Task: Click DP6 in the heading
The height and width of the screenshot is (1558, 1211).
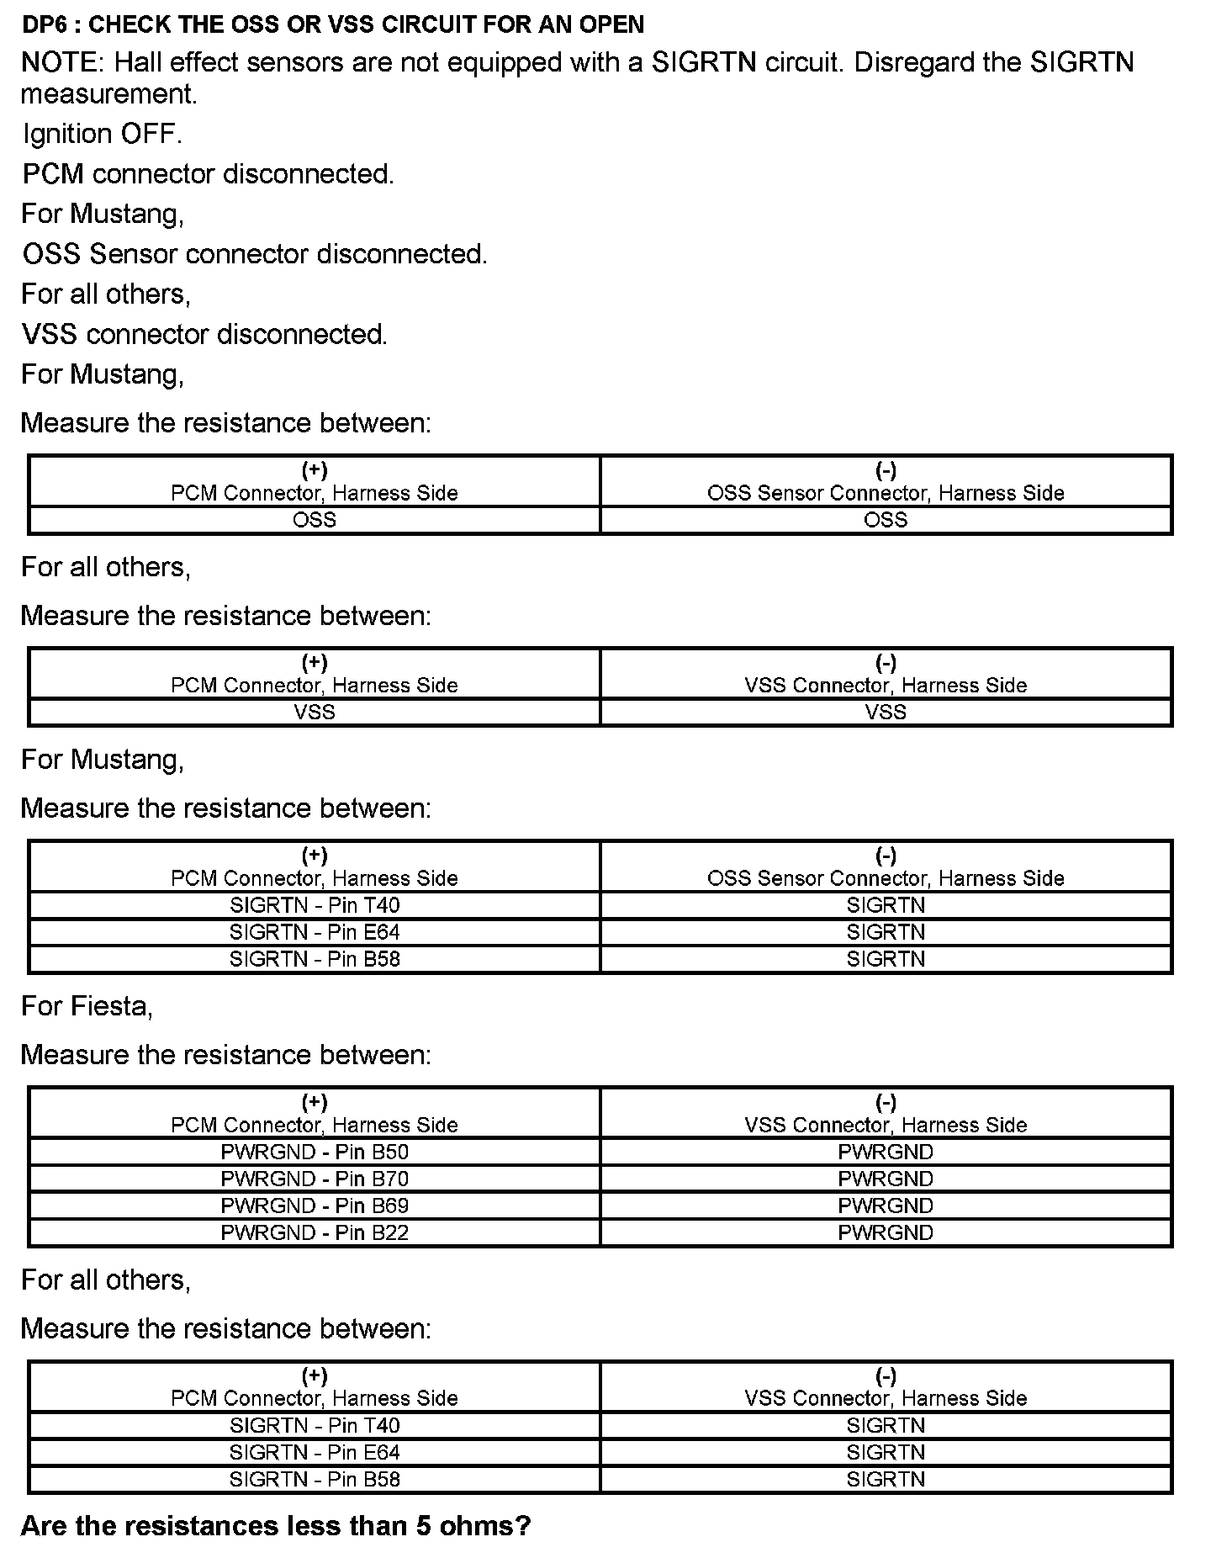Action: click(x=43, y=24)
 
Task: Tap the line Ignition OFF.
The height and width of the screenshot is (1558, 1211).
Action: click(x=102, y=134)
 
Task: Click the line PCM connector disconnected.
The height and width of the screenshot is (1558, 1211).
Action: click(x=208, y=174)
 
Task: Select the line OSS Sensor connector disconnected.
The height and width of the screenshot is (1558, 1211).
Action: click(x=254, y=254)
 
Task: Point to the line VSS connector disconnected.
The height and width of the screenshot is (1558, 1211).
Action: click(x=204, y=334)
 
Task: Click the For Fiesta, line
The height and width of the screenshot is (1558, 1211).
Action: click(x=87, y=1006)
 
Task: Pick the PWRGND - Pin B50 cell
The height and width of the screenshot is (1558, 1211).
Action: click(x=315, y=1152)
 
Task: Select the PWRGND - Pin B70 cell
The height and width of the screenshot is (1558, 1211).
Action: click(x=315, y=1179)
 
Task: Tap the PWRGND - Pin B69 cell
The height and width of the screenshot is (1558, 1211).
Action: click(x=315, y=1206)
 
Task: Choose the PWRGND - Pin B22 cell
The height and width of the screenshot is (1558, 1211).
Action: click(x=315, y=1232)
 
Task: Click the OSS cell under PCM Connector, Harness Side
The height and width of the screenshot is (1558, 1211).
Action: click(x=315, y=520)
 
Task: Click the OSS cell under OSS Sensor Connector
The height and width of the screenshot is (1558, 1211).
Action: click(x=886, y=520)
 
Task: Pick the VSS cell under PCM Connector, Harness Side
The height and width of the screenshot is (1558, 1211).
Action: click(x=315, y=713)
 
